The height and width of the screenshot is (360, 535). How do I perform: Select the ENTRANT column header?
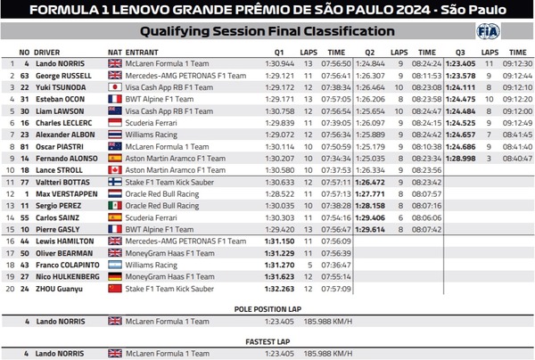pos(143,53)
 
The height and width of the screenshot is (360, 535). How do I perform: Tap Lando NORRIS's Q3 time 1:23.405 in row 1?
pos(460,64)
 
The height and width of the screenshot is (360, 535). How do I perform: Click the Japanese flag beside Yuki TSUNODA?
pos(115,87)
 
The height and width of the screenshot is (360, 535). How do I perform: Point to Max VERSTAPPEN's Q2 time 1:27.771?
pos(369,192)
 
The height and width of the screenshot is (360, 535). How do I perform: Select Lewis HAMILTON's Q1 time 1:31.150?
pos(279,241)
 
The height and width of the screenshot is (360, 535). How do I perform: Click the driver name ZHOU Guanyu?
pos(58,288)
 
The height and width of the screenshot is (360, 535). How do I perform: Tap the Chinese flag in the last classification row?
pos(115,288)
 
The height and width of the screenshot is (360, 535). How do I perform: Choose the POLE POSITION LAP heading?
pos(267,309)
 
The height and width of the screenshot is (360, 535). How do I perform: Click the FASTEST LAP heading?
pos(267,341)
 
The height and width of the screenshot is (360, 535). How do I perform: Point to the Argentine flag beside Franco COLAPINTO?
pos(115,265)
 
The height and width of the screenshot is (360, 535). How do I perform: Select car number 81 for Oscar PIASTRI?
pos(25,145)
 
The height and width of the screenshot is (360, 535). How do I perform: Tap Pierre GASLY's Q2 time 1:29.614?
pos(369,228)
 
